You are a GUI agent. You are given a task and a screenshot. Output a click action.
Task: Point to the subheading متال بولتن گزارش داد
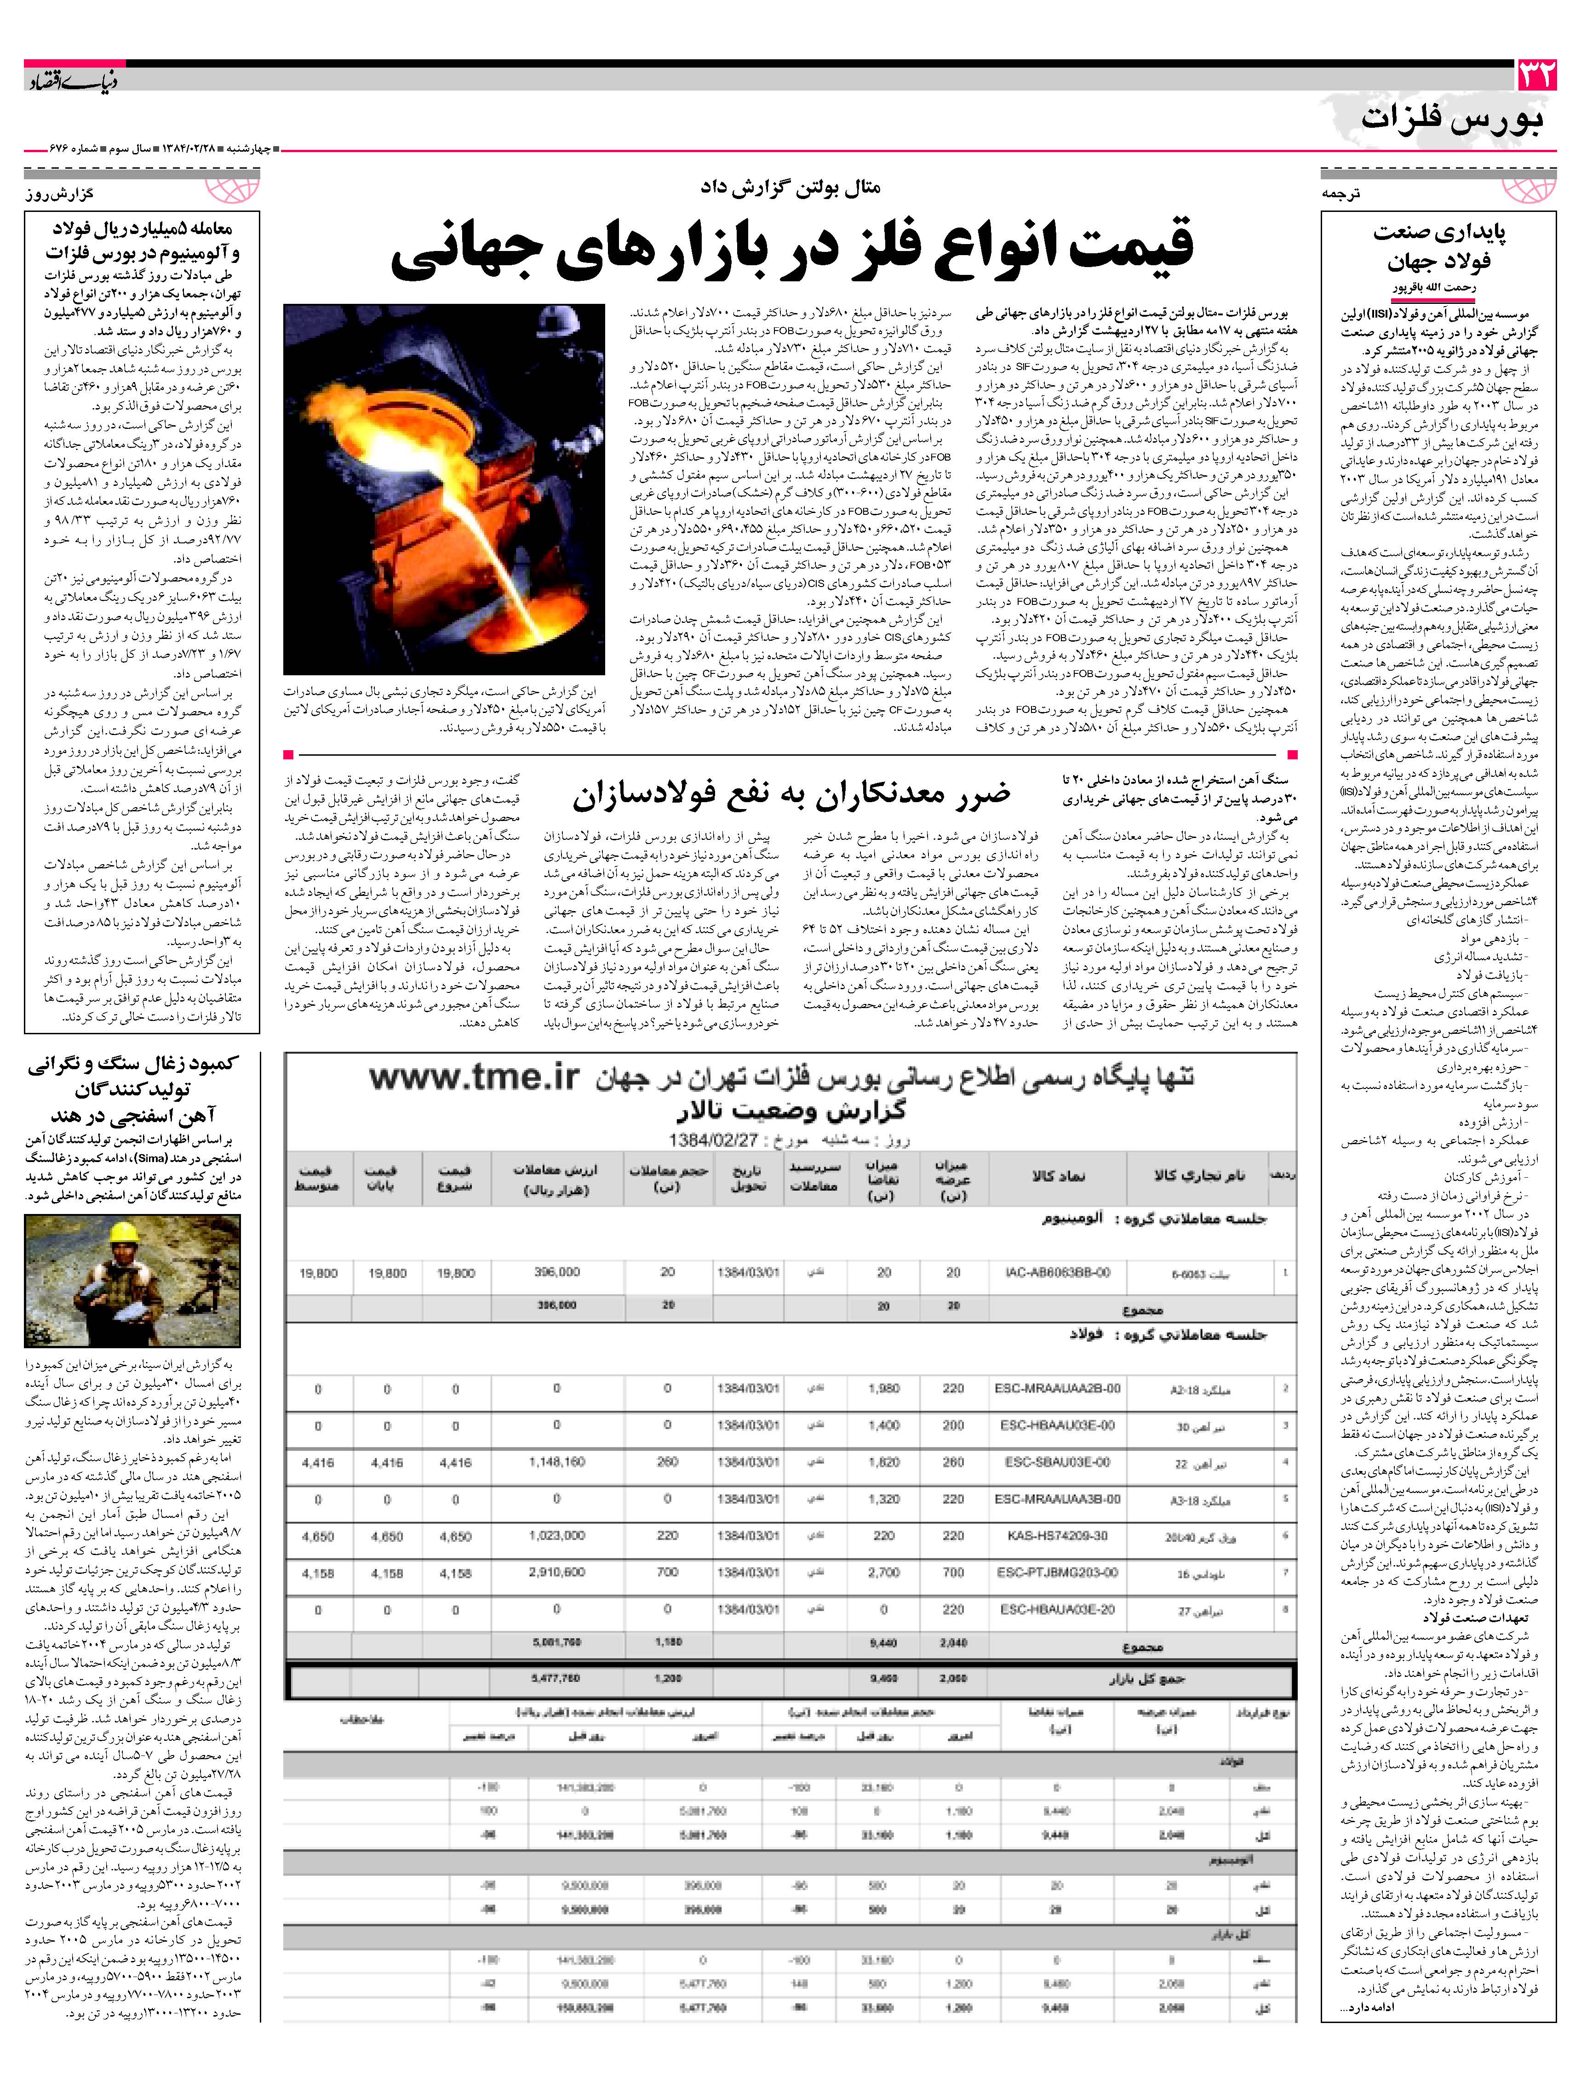click(x=790, y=187)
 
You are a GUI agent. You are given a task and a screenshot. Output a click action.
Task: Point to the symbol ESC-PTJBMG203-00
click(x=1056, y=1572)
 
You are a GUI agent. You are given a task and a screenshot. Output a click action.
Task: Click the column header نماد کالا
click(x=1058, y=1176)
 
